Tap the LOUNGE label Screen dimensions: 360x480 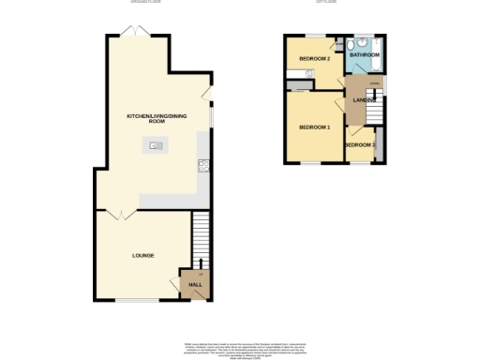143,255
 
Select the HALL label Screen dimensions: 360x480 195,284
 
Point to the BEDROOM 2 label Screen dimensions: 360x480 313,59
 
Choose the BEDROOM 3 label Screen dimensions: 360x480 359,145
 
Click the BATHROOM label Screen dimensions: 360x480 364,55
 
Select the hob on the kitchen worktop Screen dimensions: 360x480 202,167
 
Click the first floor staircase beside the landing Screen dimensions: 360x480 375,110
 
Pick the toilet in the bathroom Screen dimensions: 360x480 349,46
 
